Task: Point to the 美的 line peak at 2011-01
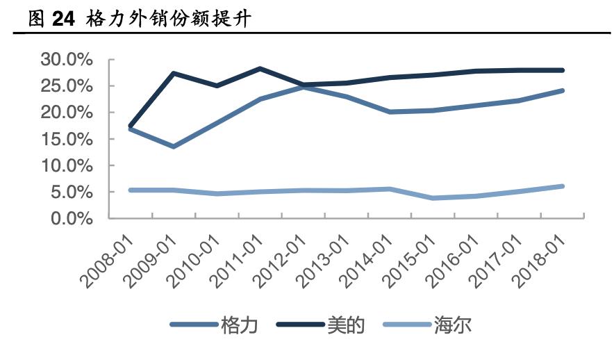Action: coord(260,68)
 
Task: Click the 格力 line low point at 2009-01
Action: coord(173,147)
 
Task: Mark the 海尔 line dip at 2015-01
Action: coord(433,198)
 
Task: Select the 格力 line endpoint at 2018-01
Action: coord(562,90)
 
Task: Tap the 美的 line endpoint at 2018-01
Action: coord(562,70)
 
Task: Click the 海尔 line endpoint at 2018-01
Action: coord(562,186)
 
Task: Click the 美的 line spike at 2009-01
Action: coord(173,73)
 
